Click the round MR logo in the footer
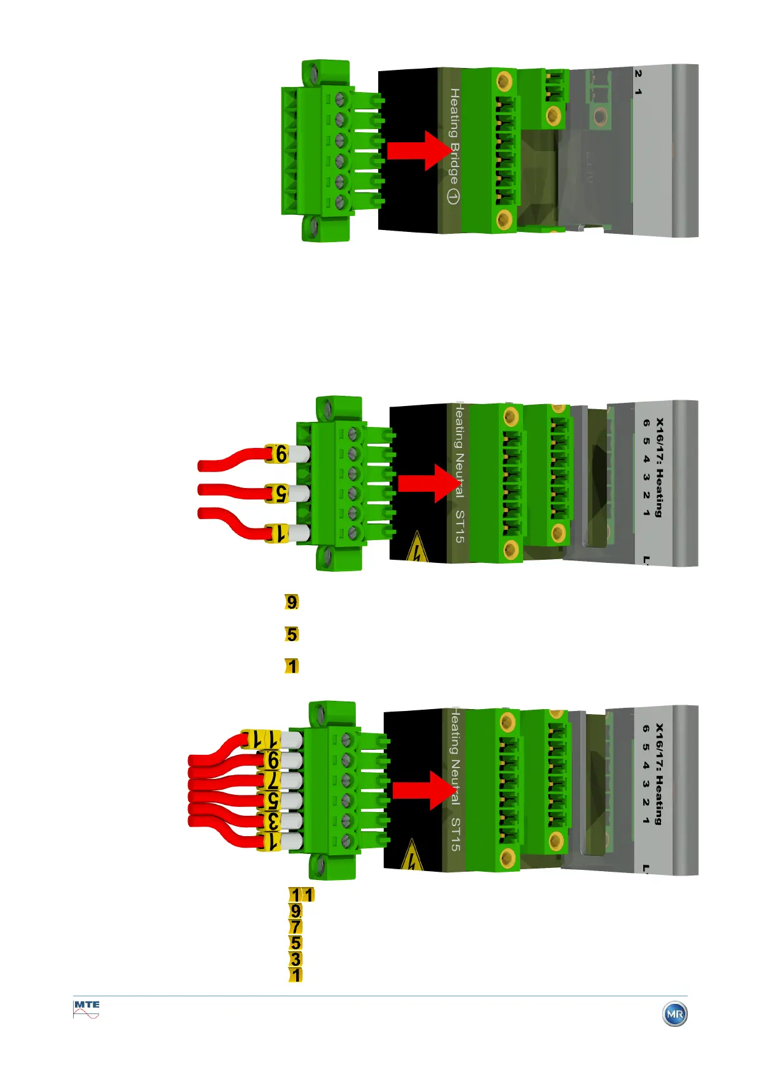click(x=674, y=1013)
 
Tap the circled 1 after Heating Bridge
click(x=453, y=196)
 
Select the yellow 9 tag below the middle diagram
click(x=292, y=602)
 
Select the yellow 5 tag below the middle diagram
click(x=292, y=634)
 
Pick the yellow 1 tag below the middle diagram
click(x=292, y=666)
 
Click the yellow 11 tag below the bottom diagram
click(x=302, y=895)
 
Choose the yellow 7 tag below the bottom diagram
click(x=296, y=927)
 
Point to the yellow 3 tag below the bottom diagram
click(x=296, y=959)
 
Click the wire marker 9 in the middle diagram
click(x=280, y=454)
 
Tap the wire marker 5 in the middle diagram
click(x=280, y=493)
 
